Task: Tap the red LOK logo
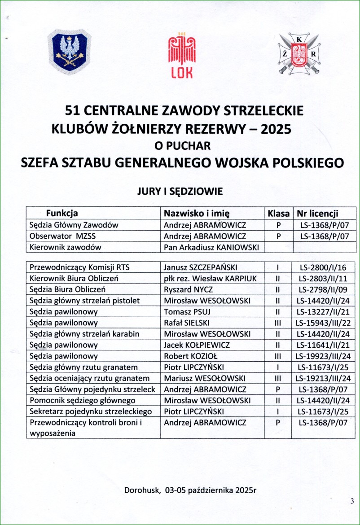point(182,55)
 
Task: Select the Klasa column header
point(278,213)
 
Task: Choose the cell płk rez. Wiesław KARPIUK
point(211,279)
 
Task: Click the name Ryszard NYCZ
point(188,290)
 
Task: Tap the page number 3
point(352,501)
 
